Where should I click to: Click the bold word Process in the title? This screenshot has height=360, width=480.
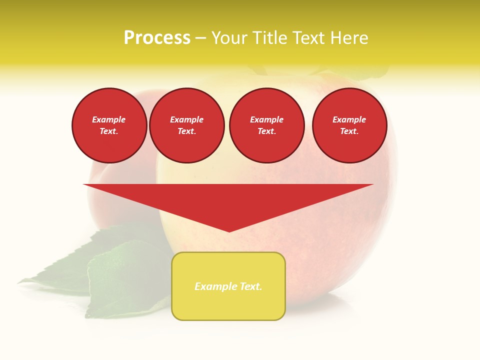click(157, 38)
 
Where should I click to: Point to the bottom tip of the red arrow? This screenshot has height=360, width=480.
click(229, 231)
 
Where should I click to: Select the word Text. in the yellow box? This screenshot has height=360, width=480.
click(250, 286)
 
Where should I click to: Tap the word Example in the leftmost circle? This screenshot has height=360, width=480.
click(109, 119)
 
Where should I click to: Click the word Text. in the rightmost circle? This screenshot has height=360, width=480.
click(349, 131)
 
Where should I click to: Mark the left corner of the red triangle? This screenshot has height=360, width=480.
click(84, 184)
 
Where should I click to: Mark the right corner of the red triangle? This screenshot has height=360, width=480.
click(373, 184)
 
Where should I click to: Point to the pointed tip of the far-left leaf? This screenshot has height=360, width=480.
click(18, 282)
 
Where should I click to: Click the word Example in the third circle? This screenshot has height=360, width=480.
click(266, 119)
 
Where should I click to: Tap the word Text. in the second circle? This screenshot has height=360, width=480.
click(186, 131)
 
